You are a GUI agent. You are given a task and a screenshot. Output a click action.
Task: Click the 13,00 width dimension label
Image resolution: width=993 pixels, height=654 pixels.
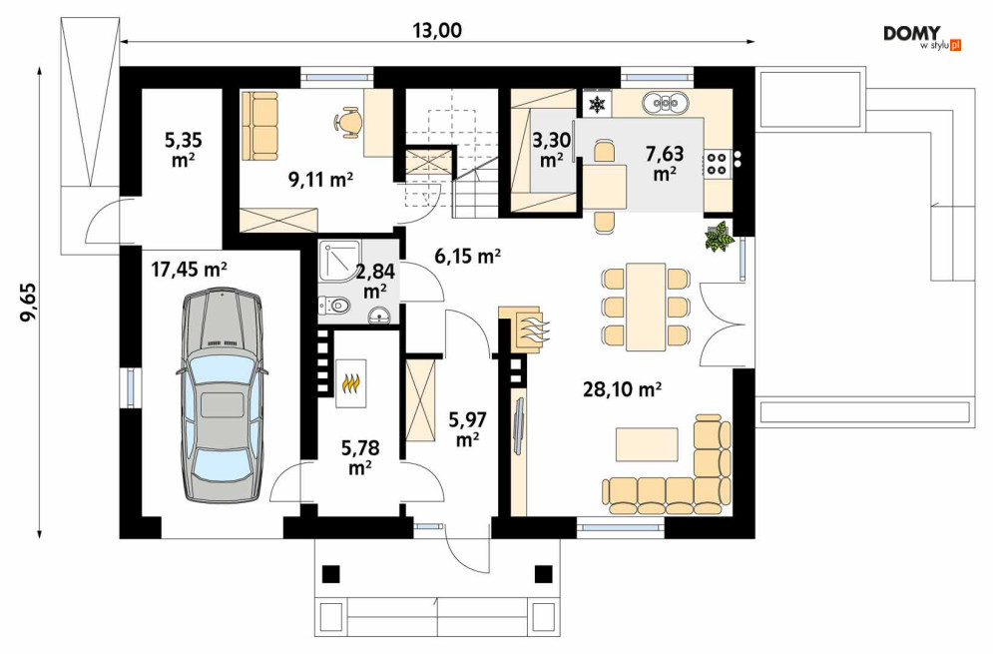pos(437,30)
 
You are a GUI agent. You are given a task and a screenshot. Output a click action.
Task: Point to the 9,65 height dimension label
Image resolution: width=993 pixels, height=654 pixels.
pos(29,303)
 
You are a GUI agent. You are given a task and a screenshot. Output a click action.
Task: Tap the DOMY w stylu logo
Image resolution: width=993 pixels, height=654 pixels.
pos(922,38)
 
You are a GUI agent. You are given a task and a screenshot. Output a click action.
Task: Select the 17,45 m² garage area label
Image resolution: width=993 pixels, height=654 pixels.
pos(190,271)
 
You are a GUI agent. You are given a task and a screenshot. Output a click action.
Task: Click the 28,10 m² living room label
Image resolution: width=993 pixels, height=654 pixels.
pos(623,389)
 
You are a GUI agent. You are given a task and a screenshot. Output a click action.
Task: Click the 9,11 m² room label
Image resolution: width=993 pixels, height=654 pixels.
pos(320,180)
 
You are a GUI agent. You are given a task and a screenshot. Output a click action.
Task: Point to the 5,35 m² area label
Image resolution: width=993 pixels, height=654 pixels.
pos(183,149)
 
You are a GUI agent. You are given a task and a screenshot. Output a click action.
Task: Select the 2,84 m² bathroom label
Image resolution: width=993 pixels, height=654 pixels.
pos(375,282)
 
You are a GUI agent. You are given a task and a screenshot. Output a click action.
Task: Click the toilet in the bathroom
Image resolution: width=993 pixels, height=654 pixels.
pos(333,307)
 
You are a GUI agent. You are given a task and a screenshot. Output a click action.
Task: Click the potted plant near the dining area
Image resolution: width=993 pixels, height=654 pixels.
pos(720,237)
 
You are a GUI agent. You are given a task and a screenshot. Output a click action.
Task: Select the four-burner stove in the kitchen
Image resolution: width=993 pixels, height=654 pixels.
pos(717,162)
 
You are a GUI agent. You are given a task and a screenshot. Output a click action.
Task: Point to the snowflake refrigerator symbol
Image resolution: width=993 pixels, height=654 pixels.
pos(597,104)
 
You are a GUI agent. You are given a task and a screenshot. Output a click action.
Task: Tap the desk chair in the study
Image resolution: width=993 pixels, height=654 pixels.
pos(347,121)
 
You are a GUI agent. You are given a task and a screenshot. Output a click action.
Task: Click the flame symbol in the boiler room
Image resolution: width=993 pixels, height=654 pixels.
pos(351,383)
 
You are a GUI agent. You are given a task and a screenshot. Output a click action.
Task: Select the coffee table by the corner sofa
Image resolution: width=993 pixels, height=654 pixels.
pos(647,444)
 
